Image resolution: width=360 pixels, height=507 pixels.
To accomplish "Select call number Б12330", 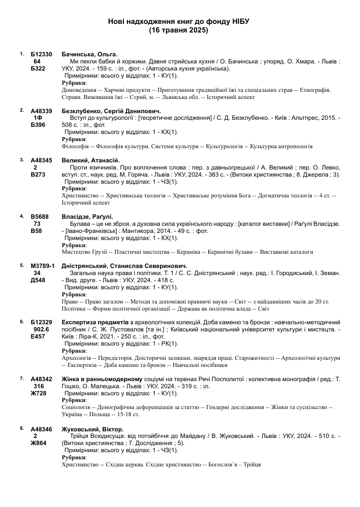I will point(41,54).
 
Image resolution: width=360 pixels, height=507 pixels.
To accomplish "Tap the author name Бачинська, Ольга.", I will point(89,54).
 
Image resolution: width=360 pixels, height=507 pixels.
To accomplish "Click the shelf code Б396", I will point(39,125).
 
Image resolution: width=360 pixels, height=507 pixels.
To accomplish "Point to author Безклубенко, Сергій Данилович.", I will point(111,111).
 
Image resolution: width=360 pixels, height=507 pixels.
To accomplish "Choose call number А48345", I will point(41,160).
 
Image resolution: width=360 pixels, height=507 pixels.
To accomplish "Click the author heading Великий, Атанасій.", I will point(90,160).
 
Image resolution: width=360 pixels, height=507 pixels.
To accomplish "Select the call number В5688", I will point(40,217).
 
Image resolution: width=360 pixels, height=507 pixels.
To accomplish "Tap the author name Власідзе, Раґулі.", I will point(87,217).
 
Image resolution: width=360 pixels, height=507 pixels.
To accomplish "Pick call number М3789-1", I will point(43,266).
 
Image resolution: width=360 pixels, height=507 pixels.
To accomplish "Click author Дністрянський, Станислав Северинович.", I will point(124,266).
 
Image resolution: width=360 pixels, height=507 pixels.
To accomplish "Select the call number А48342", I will point(41,379).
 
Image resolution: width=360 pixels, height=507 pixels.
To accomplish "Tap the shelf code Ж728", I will point(39,393).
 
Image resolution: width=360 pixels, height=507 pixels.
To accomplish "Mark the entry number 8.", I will point(21,428).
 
